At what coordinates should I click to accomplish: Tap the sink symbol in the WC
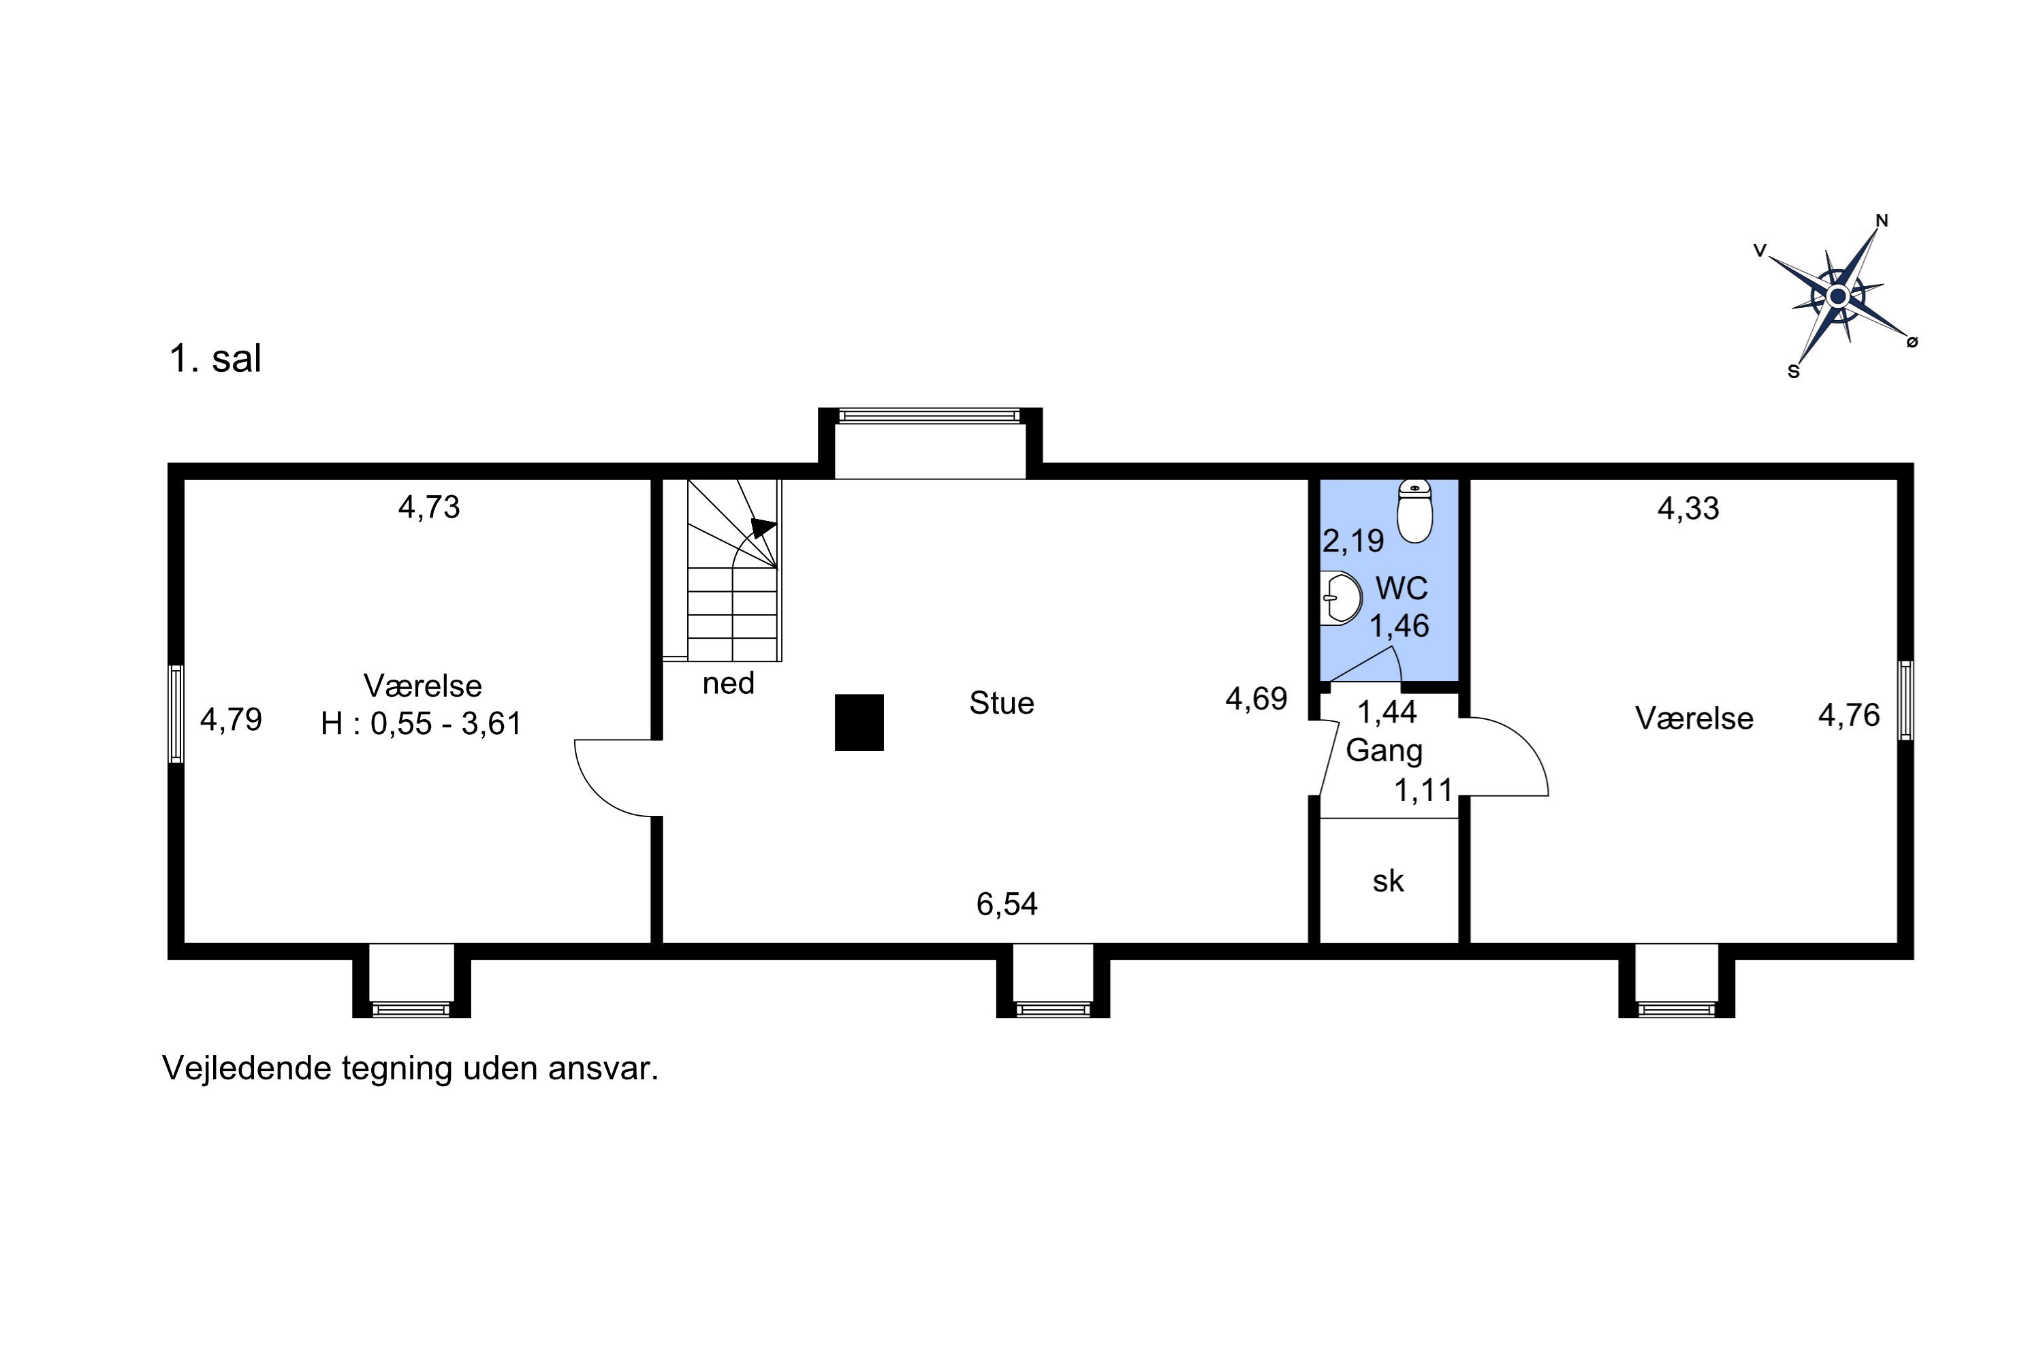point(1340,599)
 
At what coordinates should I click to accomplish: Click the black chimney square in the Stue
point(859,722)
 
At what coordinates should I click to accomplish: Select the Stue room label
point(1002,703)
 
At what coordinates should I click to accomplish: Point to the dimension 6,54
point(1007,904)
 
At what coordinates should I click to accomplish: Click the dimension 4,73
point(429,507)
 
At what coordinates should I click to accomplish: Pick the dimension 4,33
point(1688,508)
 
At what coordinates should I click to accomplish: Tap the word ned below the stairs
point(728,684)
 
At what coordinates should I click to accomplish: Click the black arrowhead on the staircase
point(763,526)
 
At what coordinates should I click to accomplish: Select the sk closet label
point(1388,881)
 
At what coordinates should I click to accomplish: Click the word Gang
point(1384,750)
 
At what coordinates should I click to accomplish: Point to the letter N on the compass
point(1882,221)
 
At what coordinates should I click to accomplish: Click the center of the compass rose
point(1837,297)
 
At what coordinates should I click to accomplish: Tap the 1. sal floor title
point(215,359)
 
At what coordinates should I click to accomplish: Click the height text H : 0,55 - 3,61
point(422,723)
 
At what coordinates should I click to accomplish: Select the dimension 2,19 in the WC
point(1352,541)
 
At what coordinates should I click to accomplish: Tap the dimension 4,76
point(1848,715)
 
